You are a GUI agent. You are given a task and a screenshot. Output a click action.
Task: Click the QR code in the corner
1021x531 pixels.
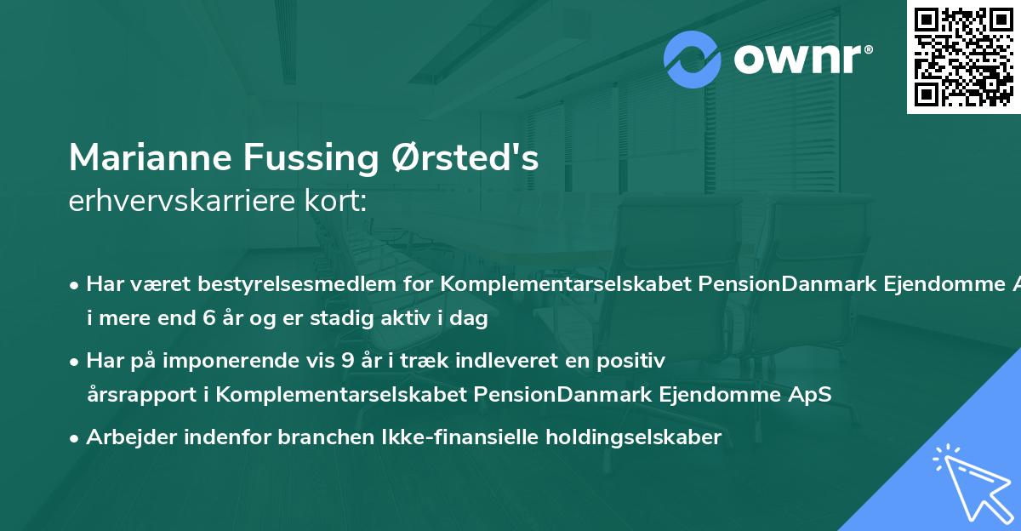click(963, 56)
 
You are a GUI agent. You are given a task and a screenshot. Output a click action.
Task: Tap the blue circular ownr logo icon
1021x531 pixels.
click(693, 60)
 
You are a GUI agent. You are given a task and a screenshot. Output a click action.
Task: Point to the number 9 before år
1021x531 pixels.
click(347, 360)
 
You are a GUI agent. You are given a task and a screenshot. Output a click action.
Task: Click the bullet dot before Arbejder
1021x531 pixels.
click(75, 438)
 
